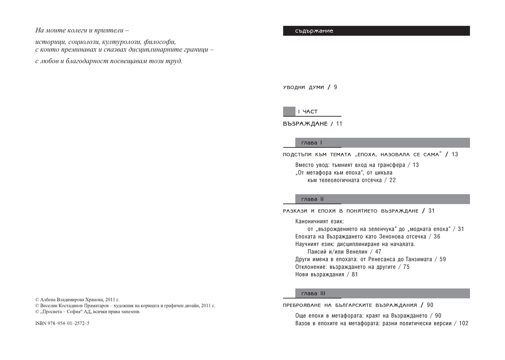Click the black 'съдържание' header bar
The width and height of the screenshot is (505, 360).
coord(376,31)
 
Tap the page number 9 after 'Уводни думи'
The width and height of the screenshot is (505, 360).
coord(335,87)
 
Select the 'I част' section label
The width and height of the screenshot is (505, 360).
coord(307,112)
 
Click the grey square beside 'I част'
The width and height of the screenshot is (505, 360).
coord(289,112)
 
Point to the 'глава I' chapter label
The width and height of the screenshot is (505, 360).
coord(309,143)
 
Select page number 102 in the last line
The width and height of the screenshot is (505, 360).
coord(463,323)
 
